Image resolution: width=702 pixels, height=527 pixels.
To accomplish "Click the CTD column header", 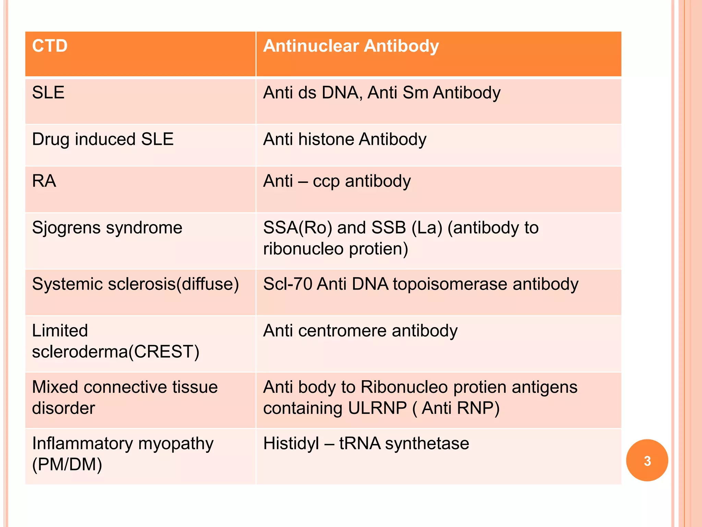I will pyautogui.click(x=50, y=46).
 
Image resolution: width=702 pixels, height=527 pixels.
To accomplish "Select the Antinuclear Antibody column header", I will pyautogui.click(x=351, y=46).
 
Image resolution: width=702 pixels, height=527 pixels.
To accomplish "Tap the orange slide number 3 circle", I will pyautogui.click(x=647, y=460).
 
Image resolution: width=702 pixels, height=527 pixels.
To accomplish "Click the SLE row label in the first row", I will pyautogui.click(x=48, y=93).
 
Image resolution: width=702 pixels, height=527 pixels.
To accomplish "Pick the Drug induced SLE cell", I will pyautogui.click(x=103, y=139).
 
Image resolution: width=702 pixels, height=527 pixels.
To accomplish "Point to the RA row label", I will pyautogui.click(x=44, y=181).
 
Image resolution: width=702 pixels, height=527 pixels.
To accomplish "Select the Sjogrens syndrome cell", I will pyautogui.click(x=107, y=228).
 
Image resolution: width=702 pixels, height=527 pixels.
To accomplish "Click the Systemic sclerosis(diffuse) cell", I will pyautogui.click(x=135, y=284).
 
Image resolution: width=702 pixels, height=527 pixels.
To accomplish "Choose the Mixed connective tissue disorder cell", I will pyautogui.click(x=125, y=397).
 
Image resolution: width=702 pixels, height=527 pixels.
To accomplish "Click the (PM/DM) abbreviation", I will pyautogui.click(x=67, y=465).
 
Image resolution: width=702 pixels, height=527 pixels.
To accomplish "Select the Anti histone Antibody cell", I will pyautogui.click(x=344, y=139).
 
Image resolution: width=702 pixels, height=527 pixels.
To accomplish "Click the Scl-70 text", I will pyautogui.click(x=287, y=284).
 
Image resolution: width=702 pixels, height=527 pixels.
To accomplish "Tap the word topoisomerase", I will pyautogui.click(x=450, y=284).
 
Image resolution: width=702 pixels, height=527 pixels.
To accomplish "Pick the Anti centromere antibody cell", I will pyautogui.click(x=360, y=331).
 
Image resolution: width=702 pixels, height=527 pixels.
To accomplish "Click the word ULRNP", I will pyautogui.click(x=377, y=408).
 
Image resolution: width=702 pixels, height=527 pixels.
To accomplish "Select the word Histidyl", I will pyautogui.click(x=291, y=443).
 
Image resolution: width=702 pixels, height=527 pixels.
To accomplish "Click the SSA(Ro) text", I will pyautogui.click(x=298, y=228).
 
